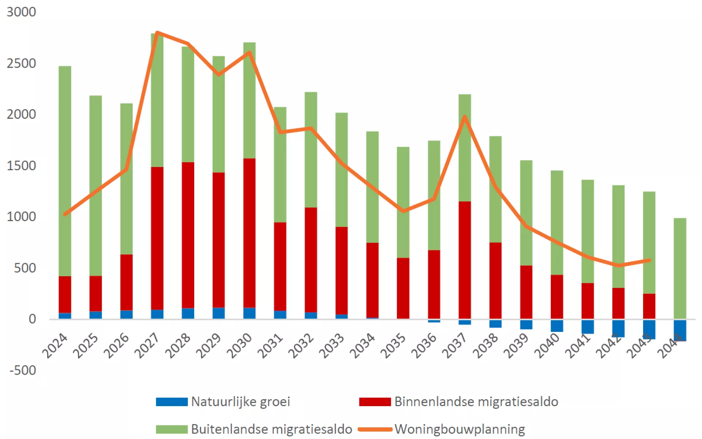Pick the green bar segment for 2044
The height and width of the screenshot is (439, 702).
680,268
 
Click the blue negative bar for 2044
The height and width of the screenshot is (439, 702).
680,330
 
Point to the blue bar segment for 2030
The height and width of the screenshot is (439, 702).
249,313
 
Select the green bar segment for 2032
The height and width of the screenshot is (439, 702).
311,150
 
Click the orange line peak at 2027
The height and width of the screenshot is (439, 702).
157,33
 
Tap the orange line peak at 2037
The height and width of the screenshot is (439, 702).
465,117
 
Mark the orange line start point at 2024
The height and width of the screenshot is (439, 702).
65,214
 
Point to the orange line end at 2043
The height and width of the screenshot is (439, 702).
649,260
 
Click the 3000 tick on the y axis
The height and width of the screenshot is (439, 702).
21,12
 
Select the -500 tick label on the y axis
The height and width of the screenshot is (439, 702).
23,370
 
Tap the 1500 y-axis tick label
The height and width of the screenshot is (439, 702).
21,166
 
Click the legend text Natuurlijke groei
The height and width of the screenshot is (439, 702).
240,401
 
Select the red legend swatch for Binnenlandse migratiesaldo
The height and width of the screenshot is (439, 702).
375,402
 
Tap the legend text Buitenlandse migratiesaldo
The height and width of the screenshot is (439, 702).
271,429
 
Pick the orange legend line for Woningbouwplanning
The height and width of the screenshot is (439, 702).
375,429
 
